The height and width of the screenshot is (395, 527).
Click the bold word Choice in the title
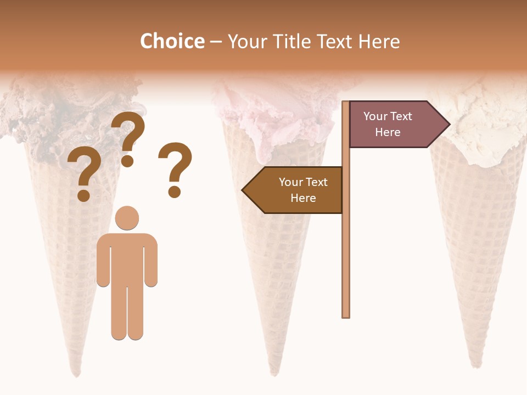172,42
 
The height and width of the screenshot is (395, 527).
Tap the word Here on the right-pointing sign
388,132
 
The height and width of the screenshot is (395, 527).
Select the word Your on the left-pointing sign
291,182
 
